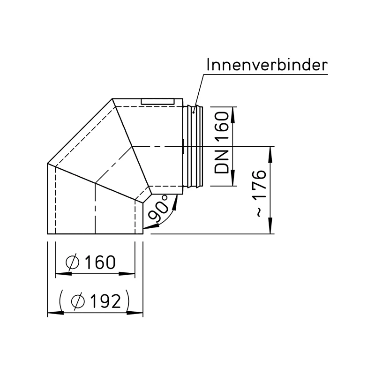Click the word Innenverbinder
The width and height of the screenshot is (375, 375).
point(267,64)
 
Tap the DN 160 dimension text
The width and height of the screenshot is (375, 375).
point(222,142)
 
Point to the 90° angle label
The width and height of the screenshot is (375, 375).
point(158,208)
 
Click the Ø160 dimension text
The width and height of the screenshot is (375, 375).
point(90,262)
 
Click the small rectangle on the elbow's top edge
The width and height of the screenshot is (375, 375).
point(158,101)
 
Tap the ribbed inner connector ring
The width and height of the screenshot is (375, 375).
point(195,146)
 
